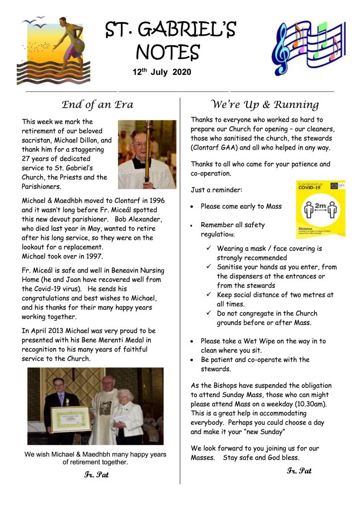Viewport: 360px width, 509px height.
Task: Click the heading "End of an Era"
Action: tap(97, 104)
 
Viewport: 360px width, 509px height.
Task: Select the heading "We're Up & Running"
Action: tap(265, 104)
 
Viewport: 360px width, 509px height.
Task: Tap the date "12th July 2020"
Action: tap(162, 72)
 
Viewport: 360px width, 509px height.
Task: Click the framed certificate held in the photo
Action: tap(70, 419)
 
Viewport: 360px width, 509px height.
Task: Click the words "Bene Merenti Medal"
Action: tap(115, 340)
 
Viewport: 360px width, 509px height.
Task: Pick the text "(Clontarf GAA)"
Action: tap(213, 148)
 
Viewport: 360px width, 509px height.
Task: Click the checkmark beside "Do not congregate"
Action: tap(209, 314)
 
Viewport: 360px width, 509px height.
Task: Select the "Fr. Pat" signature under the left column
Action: tap(96, 475)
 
